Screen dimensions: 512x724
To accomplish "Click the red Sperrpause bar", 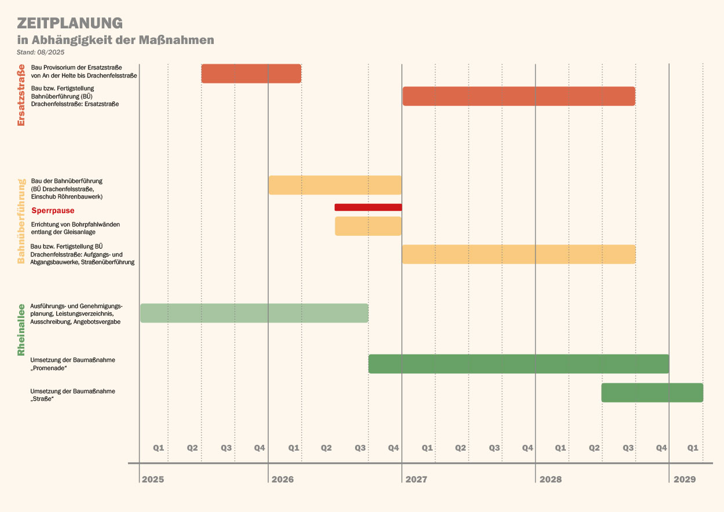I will point(368,207).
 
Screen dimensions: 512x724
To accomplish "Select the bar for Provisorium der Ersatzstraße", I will point(251,74).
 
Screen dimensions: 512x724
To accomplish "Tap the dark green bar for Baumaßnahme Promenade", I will point(518,364).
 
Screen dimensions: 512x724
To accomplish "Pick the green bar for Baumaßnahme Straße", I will point(652,393).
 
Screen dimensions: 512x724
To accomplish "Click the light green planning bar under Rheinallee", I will point(254,313).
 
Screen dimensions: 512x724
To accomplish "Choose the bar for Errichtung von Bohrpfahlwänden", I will point(368,226).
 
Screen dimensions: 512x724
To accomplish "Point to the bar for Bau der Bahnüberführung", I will point(335,185).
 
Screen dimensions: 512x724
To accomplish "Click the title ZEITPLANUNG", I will point(70,23).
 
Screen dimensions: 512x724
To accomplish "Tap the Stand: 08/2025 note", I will point(41,52).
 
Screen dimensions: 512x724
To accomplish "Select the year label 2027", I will point(416,480).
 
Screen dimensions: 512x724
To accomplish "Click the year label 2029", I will point(685,480).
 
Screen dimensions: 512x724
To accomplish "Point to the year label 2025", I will point(153,480).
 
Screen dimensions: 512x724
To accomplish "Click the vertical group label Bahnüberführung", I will point(21,221).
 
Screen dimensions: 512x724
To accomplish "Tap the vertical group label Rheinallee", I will point(21,330).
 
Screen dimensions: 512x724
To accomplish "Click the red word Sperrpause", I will point(53,211).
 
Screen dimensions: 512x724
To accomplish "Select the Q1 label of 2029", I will point(693,448).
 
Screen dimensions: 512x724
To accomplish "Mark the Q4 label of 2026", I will point(394,448).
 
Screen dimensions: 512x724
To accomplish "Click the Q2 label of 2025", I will point(192,448).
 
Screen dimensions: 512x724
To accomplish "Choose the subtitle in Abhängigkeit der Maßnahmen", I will point(116,40).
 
